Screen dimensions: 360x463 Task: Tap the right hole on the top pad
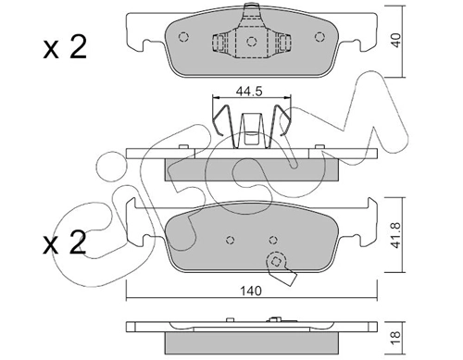pyautogui.click(x=319, y=38)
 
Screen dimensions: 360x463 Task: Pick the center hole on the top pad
pyautogui.click(x=251, y=43)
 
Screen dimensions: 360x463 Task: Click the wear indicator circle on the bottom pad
pyautogui.click(x=273, y=260)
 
